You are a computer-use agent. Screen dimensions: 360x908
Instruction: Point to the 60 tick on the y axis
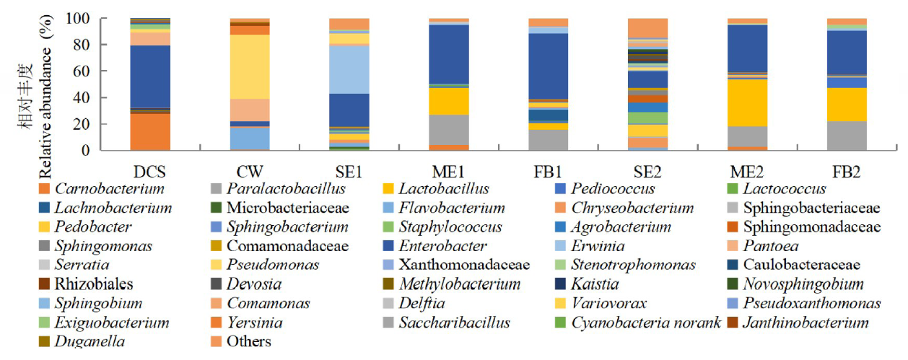(x=108, y=71)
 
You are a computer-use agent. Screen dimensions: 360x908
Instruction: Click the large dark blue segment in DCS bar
(x=150, y=76)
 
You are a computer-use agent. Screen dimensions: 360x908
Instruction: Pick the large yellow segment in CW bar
(x=250, y=66)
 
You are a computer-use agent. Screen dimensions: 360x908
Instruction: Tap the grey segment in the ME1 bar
(x=449, y=130)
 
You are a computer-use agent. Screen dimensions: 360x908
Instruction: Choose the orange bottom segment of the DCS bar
(x=150, y=132)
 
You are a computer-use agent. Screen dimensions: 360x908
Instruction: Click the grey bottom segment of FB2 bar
(x=847, y=136)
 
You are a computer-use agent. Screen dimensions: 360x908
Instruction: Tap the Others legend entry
(x=248, y=341)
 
